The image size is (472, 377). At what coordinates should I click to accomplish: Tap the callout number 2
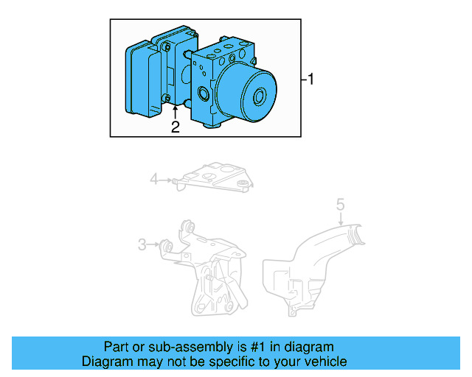(x=175, y=127)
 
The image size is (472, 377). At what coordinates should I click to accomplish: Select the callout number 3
(x=142, y=244)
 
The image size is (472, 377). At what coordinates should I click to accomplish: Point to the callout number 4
(x=154, y=178)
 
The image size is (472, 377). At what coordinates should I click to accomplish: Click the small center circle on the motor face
(x=260, y=97)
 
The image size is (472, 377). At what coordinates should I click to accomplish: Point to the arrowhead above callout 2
(x=175, y=109)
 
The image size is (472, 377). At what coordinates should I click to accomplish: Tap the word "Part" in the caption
(x=117, y=347)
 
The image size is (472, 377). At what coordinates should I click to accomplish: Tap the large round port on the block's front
(x=203, y=94)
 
